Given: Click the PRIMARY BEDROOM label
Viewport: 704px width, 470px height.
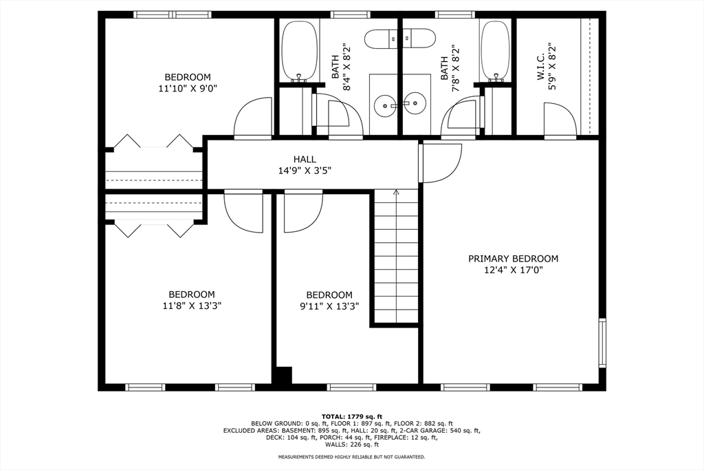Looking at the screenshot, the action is (x=513, y=259).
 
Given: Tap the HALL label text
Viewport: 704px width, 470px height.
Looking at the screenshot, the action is (x=305, y=159).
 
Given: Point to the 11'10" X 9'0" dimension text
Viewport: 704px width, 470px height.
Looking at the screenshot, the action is (x=188, y=89).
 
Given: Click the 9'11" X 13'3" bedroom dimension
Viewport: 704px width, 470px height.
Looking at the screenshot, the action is (x=329, y=306).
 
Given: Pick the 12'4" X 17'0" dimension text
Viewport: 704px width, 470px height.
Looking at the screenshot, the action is (x=513, y=270).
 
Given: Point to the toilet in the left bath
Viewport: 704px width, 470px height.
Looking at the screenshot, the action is (x=381, y=39).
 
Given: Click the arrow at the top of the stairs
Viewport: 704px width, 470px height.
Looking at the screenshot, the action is (x=396, y=192).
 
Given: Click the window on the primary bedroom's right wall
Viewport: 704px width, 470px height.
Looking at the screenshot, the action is (x=602, y=343).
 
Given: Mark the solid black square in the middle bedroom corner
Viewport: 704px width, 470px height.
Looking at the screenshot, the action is (x=283, y=376).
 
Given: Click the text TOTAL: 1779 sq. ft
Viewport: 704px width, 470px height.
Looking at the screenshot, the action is (x=351, y=416).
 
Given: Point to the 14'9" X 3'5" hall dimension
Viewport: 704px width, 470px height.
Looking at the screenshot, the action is (x=305, y=171).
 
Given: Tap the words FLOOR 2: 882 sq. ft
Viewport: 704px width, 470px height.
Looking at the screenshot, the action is (x=426, y=423).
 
